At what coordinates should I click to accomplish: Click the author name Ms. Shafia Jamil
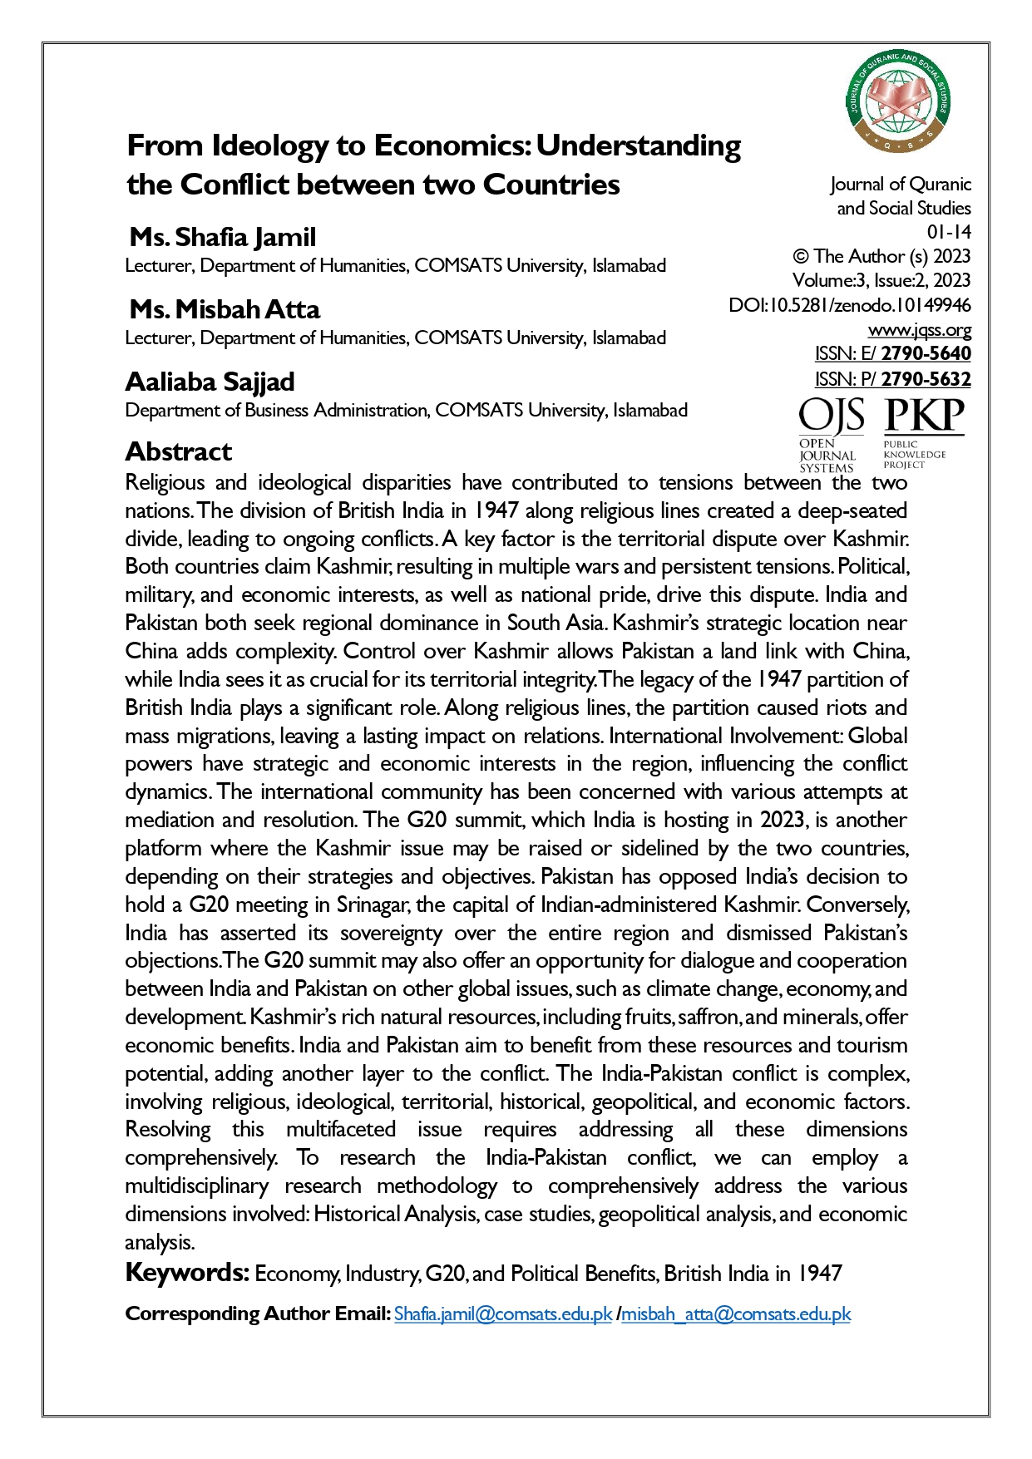[x=223, y=237]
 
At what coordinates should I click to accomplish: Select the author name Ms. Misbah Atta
[x=225, y=309]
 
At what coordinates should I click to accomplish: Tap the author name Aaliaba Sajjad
[x=210, y=382]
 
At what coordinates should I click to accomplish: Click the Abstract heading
[x=178, y=451]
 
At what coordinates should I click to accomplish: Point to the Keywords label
[x=186, y=1273]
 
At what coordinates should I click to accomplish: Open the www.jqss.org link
[x=919, y=330]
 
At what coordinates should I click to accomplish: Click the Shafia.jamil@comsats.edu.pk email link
[x=502, y=1314]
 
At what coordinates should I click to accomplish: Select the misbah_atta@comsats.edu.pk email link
[x=736, y=1314]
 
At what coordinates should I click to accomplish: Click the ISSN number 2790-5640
[x=926, y=353]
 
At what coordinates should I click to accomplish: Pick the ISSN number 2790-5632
[x=926, y=379]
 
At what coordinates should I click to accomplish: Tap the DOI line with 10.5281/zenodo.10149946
[x=849, y=305]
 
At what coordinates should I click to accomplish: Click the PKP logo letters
[x=924, y=416]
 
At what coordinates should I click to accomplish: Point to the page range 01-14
[x=949, y=232]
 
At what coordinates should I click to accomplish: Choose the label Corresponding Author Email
[x=258, y=1314]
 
